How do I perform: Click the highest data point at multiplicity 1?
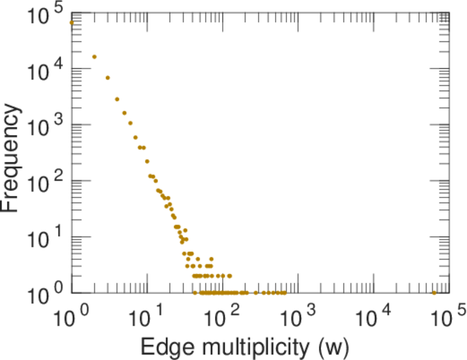(x=71, y=23)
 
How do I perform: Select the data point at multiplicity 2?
(x=94, y=57)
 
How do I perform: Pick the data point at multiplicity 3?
(x=107, y=77)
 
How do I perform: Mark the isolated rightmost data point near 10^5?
(x=434, y=293)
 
